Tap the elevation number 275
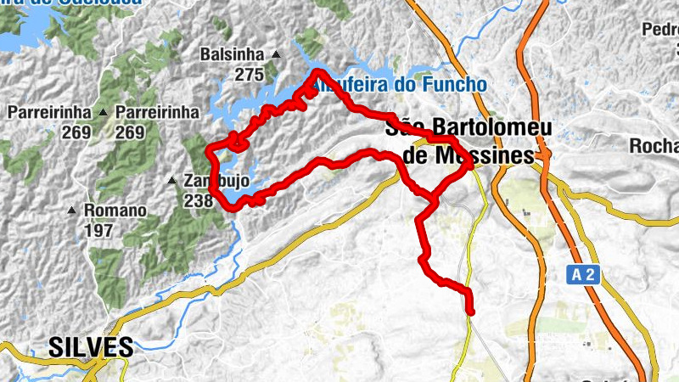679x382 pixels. tap(250, 76)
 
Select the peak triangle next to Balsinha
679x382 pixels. tap(276, 55)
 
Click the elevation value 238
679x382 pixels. tap(199, 201)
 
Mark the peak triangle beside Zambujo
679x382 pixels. tap(172, 181)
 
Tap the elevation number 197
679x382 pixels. tap(99, 231)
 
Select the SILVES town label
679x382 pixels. tap(92, 347)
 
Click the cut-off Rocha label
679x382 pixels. tap(653, 145)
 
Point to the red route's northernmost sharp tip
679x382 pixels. tap(317, 71)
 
